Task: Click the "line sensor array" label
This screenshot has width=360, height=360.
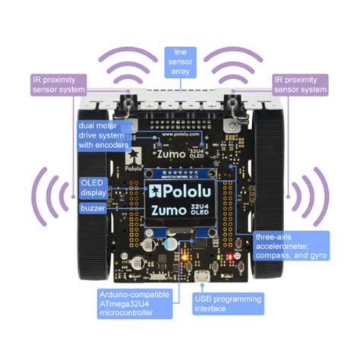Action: pyautogui.click(x=179, y=60)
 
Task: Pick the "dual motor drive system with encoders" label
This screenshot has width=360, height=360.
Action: pyautogui.click(x=103, y=134)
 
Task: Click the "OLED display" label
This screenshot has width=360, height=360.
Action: pyautogui.click(x=95, y=187)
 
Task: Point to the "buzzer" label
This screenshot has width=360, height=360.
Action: pyautogui.click(x=94, y=207)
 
